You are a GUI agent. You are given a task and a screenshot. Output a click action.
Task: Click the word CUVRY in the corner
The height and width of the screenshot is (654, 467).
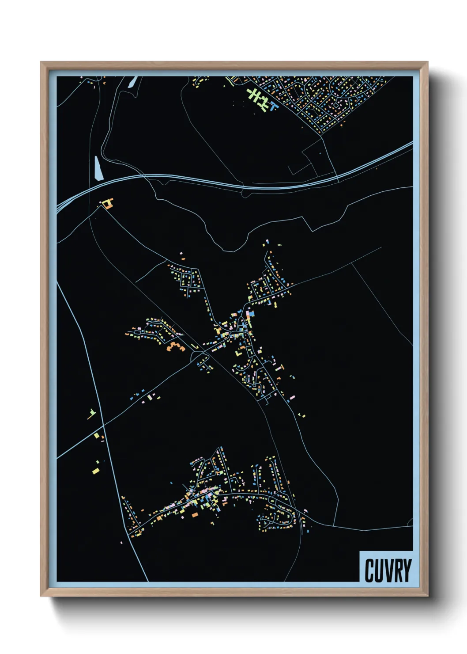(x=388, y=570)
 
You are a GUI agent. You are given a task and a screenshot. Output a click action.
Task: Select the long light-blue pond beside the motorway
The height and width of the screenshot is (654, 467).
(x=98, y=168)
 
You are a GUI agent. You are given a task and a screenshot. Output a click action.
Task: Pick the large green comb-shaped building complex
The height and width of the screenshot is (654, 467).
(x=258, y=99)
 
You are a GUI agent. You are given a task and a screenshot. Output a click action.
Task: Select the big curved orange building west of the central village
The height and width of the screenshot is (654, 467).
(x=175, y=346)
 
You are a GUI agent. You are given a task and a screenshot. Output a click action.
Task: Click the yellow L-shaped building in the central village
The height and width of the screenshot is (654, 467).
(x=239, y=354)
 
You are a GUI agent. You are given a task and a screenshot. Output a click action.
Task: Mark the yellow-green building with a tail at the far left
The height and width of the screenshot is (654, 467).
(x=91, y=414)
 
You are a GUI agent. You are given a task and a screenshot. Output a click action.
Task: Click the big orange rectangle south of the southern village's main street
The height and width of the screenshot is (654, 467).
(x=195, y=515)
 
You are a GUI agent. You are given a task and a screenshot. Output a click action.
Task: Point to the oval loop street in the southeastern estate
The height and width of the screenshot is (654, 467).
(x=276, y=517)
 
